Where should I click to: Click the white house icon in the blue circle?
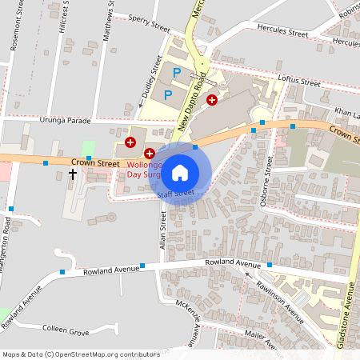coord(180,172)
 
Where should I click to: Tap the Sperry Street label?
coord(149,21)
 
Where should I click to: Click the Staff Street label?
coord(176,194)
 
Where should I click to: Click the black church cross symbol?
coord(73,173)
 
